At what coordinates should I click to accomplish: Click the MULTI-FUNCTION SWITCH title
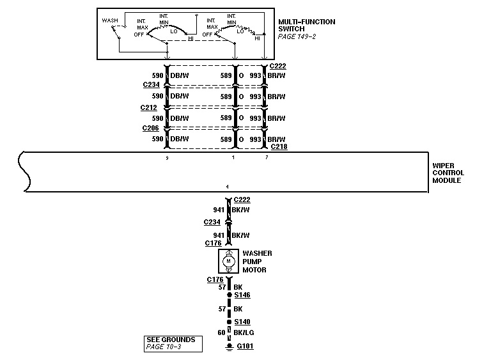click(306, 26)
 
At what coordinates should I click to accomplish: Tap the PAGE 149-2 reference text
click(297, 37)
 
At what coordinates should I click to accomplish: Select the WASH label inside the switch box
click(111, 20)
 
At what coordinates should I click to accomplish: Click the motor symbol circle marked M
click(228, 261)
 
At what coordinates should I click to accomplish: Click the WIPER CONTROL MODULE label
click(448, 173)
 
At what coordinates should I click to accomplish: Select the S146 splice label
click(242, 295)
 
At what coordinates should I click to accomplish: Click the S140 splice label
click(242, 322)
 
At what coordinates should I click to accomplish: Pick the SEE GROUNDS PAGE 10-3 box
click(173, 343)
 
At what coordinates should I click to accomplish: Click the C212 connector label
click(148, 107)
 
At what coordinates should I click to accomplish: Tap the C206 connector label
click(151, 128)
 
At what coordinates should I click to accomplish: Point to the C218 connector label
click(279, 146)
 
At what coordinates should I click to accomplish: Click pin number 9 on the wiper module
click(167, 157)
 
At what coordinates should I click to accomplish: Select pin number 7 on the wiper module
click(267, 157)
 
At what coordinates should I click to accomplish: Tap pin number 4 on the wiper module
click(227, 186)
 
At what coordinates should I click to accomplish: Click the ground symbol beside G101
click(228, 348)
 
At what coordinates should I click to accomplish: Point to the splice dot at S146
click(228, 295)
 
